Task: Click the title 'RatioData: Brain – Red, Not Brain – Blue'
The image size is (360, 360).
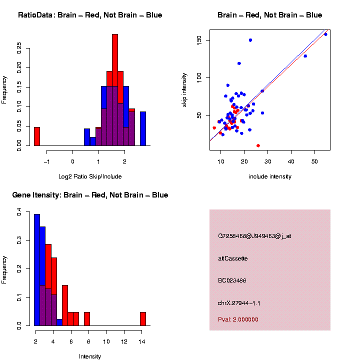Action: (x=90, y=15)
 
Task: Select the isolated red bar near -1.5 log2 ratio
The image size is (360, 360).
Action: (x=37, y=136)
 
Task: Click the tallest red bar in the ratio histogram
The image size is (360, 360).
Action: (x=115, y=90)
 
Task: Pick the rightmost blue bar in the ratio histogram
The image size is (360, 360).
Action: (x=143, y=128)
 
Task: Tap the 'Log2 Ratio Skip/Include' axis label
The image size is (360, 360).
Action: (x=90, y=176)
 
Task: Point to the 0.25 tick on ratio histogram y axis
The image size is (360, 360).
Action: (x=19, y=48)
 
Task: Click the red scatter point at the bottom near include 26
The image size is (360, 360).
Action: (x=258, y=145)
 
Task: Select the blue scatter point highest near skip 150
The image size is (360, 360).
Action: (x=250, y=40)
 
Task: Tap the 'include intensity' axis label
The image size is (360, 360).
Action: (x=269, y=176)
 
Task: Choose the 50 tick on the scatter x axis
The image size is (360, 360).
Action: (x=314, y=161)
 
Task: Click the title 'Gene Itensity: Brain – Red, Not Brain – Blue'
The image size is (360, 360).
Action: (x=90, y=195)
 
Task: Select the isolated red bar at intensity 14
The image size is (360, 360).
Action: (x=143, y=319)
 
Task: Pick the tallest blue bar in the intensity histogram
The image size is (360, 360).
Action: (x=37, y=270)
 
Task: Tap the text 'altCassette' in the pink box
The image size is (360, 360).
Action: (x=232, y=258)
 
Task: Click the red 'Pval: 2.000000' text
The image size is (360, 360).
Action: (x=238, y=319)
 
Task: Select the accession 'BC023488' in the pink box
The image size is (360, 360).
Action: (x=232, y=281)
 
